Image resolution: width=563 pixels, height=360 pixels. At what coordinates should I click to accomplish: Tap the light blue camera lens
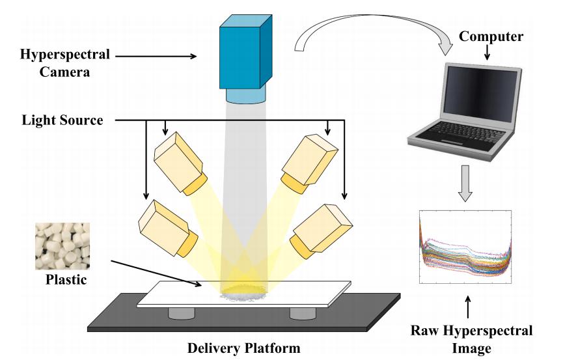pyautogui.click(x=247, y=94)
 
